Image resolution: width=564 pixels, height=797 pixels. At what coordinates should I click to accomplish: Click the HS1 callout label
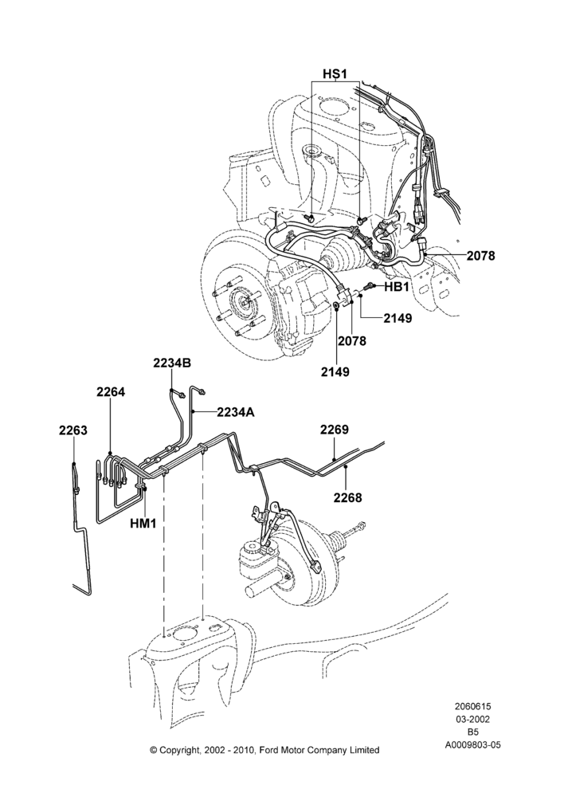(x=335, y=74)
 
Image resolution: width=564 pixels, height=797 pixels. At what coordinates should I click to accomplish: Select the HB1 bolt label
(x=396, y=287)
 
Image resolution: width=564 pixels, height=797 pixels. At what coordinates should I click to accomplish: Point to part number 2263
(x=73, y=430)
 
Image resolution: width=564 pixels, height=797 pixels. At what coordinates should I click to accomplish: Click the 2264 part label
(x=111, y=392)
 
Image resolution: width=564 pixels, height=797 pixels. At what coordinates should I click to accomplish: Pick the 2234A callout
(x=236, y=412)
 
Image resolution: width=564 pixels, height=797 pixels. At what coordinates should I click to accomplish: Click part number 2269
(x=335, y=430)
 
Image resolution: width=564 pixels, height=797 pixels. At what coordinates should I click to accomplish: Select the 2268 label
(x=348, y=497)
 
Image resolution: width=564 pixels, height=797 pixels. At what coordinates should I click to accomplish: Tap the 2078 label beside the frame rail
(x=480, y=256)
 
